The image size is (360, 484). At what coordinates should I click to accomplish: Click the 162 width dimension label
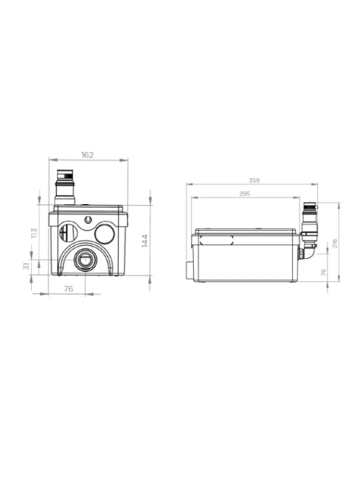(x=88, y=155)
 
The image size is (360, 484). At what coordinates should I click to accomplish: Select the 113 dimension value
(x=34, y=233)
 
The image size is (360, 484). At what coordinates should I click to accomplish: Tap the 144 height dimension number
(x=145, y=241)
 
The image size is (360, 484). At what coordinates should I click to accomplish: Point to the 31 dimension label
(x=27, y=266)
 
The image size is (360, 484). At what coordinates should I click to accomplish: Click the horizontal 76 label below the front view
(x=68, y=289)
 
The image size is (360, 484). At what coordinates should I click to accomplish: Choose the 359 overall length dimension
(x=254, y=181)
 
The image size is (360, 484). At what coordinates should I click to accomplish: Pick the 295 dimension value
(x=245, y=194)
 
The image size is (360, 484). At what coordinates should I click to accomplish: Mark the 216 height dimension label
(x=335, y=243)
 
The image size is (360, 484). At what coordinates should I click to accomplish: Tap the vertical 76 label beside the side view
(x=323, y=272)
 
